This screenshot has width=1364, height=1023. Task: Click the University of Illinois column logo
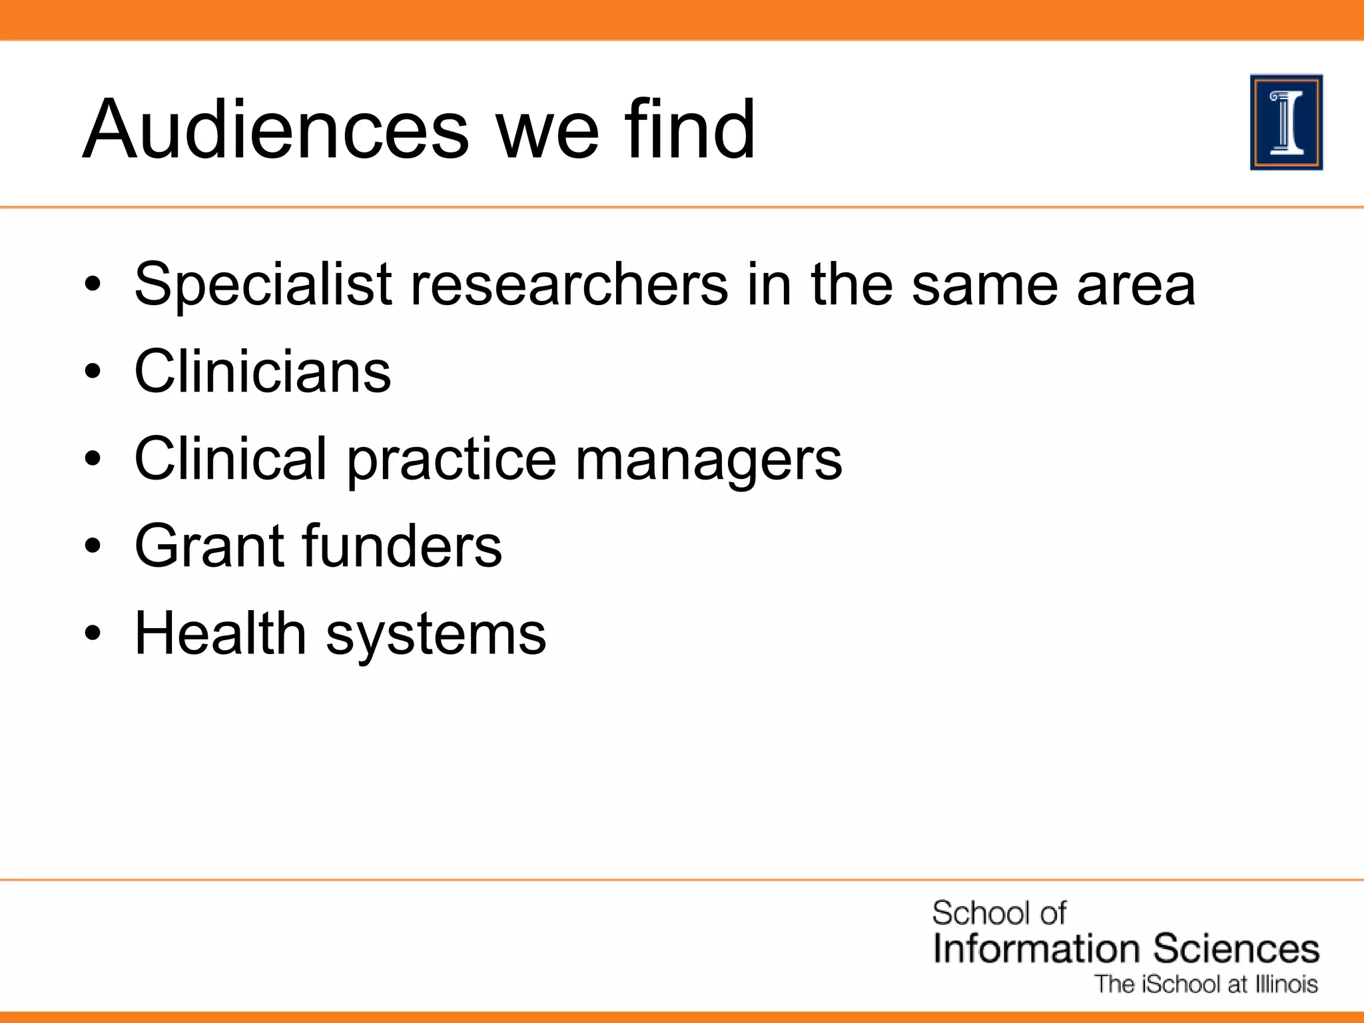[1286, 123]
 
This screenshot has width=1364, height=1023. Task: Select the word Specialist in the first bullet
[263, 285]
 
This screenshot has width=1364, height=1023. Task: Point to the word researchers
[569, 285]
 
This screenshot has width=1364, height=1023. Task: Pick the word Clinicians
[263, 371]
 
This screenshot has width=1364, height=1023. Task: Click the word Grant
[210, 545]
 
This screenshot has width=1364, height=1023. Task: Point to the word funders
[402, 545]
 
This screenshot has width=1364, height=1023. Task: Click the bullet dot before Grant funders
[93, 547]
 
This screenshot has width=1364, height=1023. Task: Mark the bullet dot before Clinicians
[93, 372]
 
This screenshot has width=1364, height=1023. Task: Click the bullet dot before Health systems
[93, 634]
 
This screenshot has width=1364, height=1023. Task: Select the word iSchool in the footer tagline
[1183, 984]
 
